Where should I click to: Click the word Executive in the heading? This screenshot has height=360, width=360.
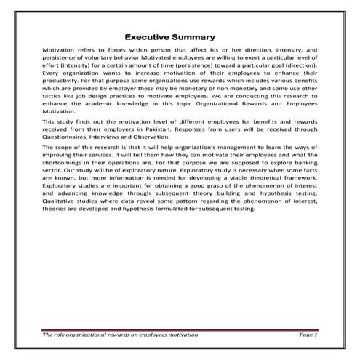150,36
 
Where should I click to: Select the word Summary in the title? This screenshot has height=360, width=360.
193,36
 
